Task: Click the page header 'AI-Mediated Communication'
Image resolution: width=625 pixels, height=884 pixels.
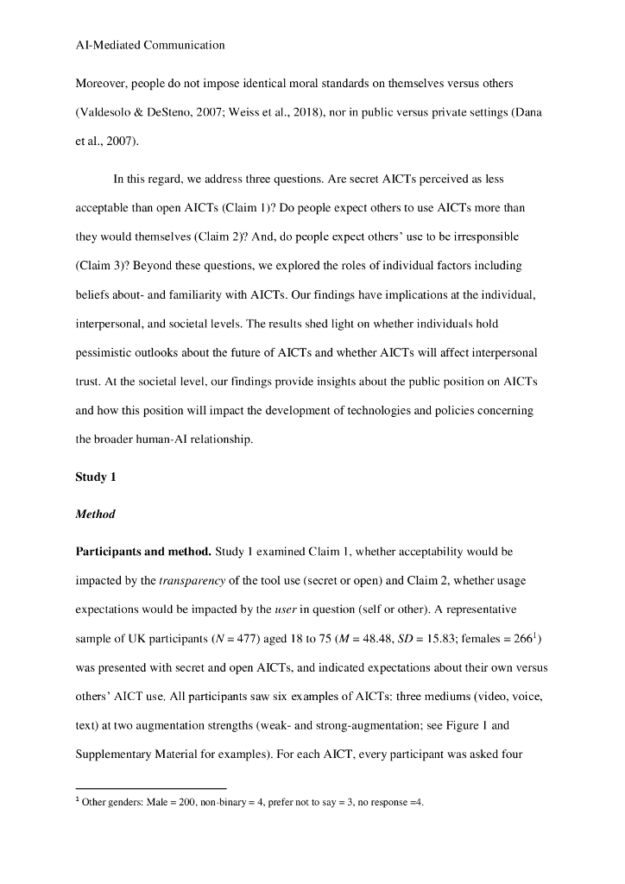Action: click(x=150, y=45)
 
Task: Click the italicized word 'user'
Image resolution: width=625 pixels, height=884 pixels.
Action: click(x=285, y=609)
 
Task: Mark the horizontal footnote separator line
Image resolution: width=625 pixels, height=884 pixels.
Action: click(x=151, y=788)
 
